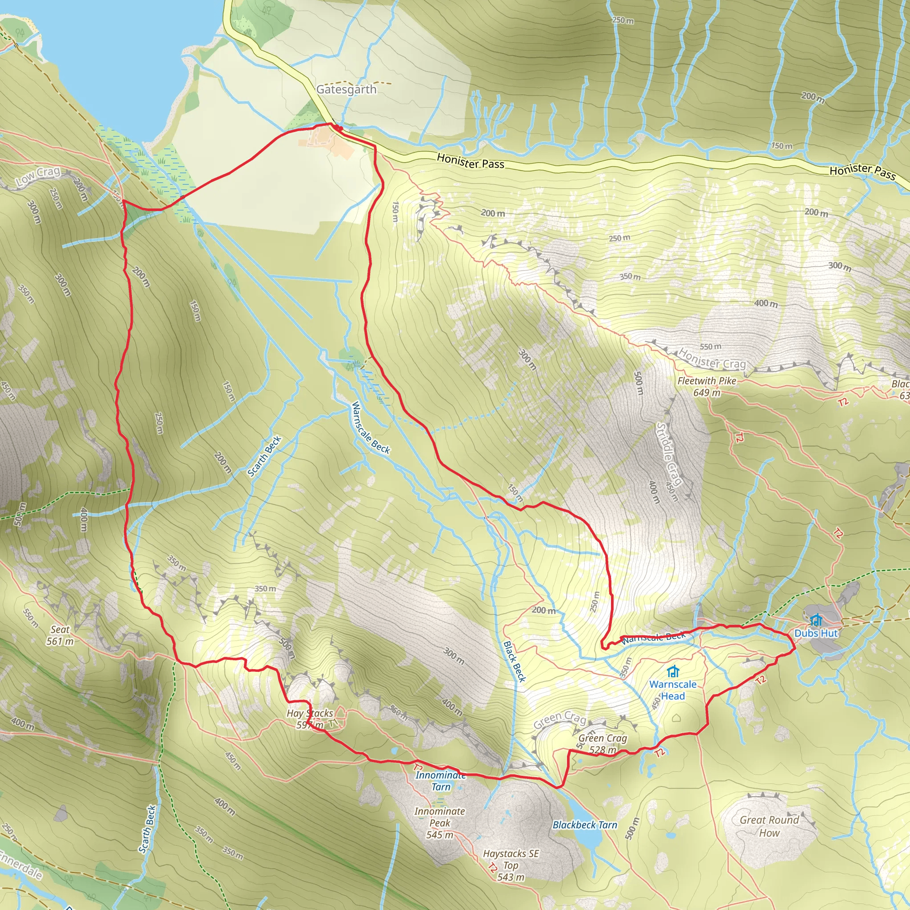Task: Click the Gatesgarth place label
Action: pyautogui.click(x=346, y=89)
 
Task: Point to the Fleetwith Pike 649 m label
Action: pyautogui.click(x=706, y=386)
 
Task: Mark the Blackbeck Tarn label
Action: pyautogui.click(x=585, y=825)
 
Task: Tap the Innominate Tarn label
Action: pyautogui.click(x=440, y=780)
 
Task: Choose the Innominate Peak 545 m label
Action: pyautogui.click(x=439, y=823)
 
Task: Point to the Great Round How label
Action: pyautogui.click(x=769, y=826)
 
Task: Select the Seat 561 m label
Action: pyautogui.click(x=60, y=635)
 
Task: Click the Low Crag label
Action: pyautogui.click(x=38, y=176)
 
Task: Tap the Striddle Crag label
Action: pyautogui.click(x=669, y=454)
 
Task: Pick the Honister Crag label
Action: pyautogui.click(x=712, y=359)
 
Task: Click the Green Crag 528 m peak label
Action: pyautogui.click(x=603, y=744)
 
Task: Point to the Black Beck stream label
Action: pyautogui.click(x=515, y=661)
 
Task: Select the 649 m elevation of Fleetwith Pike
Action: pyautogui.click(x=706, y=392)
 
